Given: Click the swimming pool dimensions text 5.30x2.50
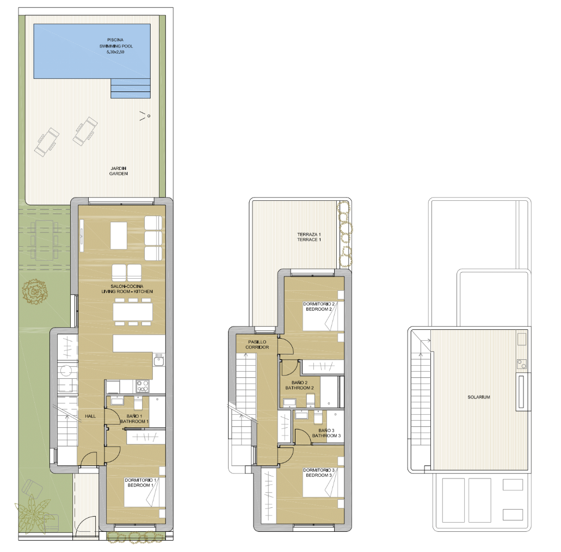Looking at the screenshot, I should pyautogui.click(x=115, y=52).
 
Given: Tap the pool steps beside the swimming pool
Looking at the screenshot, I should pyautogui.click(x=131, y=88).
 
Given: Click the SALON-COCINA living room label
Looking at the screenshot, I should pyautogui.click(x=127, y=289).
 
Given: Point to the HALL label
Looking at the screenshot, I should pyautogui.click(x=90, y=416).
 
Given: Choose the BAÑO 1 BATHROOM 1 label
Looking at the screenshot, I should pyautogui.click(x=134, y=419).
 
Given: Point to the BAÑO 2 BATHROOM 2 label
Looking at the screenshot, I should pyautogui.click(x=299, y=385).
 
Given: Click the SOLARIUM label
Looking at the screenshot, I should pyautogui.click(x=479, y=397).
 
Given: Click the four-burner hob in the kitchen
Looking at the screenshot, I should pyautogui.click(x=143, y=385).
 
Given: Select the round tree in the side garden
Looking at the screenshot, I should pyautogui.click(x=35, y=291).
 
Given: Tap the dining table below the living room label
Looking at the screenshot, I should pyautogui.click(x=133, y=311).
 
